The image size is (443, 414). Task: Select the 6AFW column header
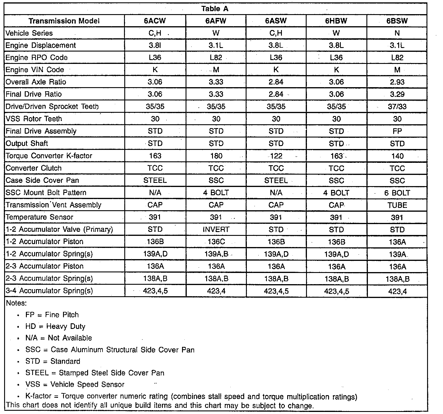click(x=216, y=21)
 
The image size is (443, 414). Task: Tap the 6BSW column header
click(x=397, y=21)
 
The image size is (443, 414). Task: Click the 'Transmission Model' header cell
click(x=64, y=21)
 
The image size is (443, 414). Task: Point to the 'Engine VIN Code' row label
click(x=35, y=70)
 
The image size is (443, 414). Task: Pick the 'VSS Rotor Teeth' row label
click(x=34, y=119)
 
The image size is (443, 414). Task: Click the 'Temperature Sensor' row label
click(x=39, y=217)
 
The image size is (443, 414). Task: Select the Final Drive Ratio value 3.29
click(x=397, y=94)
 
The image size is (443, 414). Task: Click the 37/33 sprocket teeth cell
click(x=397, y=107)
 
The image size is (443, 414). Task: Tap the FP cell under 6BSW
click(x=397, y=131)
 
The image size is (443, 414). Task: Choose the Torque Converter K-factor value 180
click(x=216, y=156)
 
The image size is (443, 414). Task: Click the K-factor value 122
click(x=276, y=156)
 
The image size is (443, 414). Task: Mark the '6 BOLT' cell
click(x=397, y=193)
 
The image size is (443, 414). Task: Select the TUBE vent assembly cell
click(x=397, y=205)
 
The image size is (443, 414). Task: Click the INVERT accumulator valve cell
click(x=216, y=229)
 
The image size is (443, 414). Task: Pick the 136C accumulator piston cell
click(x=216, y=242)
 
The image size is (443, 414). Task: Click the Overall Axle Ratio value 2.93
click(x=397, y=82)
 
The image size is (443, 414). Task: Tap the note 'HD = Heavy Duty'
click(x=55, y=327)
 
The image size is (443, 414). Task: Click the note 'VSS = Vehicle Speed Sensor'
click(x=75, y=385)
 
